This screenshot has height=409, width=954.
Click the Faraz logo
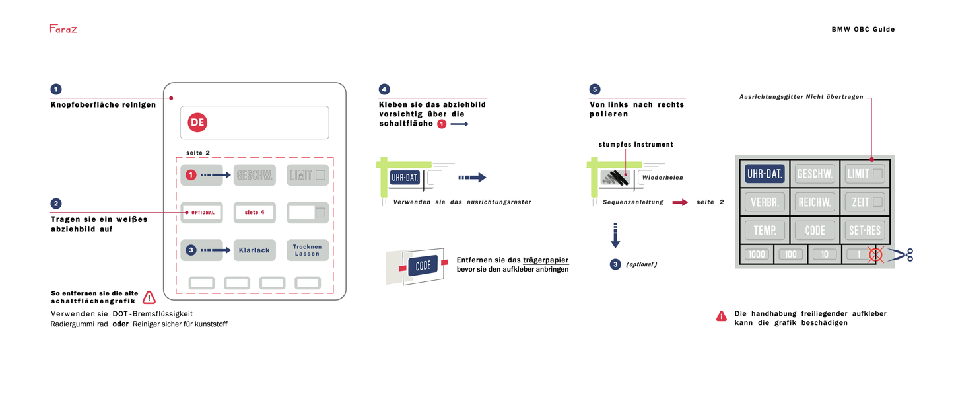(x=63, y=29)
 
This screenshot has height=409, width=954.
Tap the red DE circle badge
(x=197, y=122)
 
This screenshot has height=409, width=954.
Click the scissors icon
(x=902, y=254)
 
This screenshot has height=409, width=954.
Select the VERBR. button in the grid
(x=765, y=202)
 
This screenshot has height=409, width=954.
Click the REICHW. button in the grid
(x=815, y=202)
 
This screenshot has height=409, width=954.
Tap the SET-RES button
(x=865, y=230)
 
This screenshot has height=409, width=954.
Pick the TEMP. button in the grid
(x=765, y=230)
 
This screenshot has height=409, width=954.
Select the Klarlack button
(x=254, y=250)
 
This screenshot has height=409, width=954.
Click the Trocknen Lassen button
(x=308, y=250)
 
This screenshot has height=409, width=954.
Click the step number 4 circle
(x=384, y=89)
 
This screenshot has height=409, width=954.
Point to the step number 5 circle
(x=595, y=89)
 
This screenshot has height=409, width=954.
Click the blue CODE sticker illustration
(x=423, y=266)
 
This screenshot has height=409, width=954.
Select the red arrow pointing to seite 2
(x=679, y=202)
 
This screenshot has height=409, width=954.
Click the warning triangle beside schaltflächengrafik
(x=149, y=297)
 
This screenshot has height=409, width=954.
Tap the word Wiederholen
(x=662, y=178)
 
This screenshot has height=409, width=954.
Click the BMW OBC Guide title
(x=863, y=29)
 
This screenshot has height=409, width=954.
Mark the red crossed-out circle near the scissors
(x=875, y=254)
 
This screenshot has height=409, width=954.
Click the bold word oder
(x=120, y=324)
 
